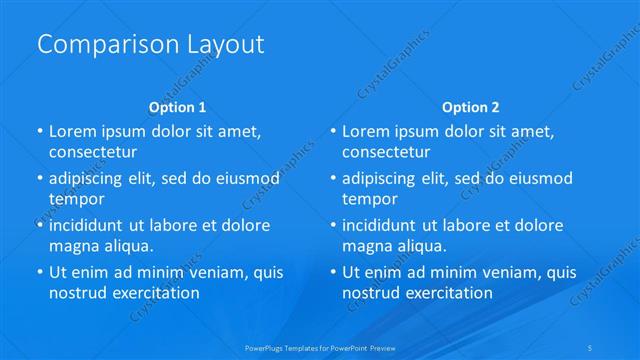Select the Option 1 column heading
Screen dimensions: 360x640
point(178,107)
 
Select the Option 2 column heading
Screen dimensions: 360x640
point(471,107)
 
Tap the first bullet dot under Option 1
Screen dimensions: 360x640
point(40,131)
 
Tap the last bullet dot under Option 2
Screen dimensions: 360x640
point(333,272)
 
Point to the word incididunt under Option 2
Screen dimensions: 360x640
point(384,225)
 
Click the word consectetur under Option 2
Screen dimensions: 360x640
point(386,152)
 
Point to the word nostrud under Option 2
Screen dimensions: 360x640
point(371,293)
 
